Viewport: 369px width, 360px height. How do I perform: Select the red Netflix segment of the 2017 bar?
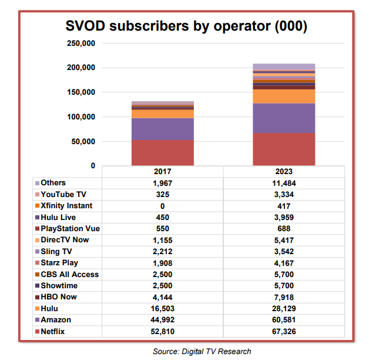click(x=163, y=152)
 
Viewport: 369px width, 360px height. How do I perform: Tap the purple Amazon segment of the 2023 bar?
click(x=284, y=118)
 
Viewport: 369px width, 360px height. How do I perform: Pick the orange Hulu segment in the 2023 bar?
click(x=284, y=96)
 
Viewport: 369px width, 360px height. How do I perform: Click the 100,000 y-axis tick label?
click(x=81, y=117)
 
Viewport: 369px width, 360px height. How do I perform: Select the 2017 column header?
click(x=163, y=172)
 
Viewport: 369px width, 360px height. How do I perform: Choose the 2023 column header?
click(x=284, y=172)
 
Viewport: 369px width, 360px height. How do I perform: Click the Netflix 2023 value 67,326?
click(x=284, y=331)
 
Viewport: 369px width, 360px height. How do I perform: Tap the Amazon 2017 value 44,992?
click(x=163, y=319)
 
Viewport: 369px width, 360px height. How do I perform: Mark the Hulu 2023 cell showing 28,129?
click(x=284, y=308)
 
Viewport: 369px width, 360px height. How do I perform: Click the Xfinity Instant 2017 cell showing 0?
click(x=163, y=206)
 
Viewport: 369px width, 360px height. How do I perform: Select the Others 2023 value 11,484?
click(x=284, y=183)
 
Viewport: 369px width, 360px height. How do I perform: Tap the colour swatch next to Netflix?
click(x=38, y=331)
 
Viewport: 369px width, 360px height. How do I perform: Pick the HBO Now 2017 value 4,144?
click(x=163, y=297)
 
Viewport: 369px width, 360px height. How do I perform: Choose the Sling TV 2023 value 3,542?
click(x=284, y=251)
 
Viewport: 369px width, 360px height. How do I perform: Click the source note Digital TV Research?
click(x=202, y=351)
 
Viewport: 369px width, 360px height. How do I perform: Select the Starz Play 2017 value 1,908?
click(x=163, y=262)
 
